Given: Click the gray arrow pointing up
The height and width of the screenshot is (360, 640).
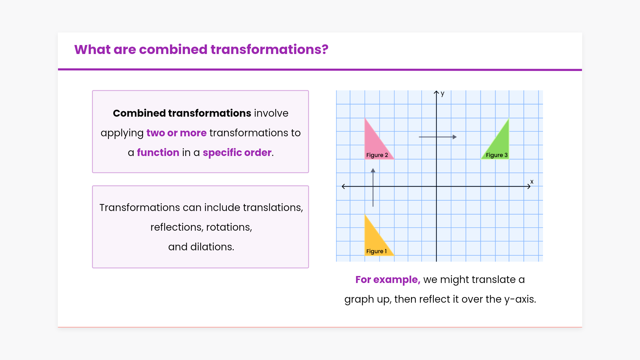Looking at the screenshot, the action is click(x=373, y=187).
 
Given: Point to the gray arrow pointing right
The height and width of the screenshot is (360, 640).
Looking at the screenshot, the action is click(x=438, y=137).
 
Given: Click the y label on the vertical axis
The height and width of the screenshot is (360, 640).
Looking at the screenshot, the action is click(x=442, y=94).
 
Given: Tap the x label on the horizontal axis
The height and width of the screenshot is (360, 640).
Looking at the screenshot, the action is click(x=532, y=182).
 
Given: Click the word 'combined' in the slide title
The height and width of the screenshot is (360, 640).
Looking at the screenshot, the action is click(x=173, y=49).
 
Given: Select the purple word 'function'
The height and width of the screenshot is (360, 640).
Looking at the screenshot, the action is click(x=158, y=152).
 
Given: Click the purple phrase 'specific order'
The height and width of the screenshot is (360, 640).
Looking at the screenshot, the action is click(x=237, y=153).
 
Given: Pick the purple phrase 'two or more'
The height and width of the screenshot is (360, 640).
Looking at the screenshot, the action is click(x=176, y=133).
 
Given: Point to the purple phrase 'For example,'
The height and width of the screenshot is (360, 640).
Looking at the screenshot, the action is click(x=388, y=280).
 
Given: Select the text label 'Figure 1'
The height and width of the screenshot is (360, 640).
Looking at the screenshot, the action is click(x=376, y=251).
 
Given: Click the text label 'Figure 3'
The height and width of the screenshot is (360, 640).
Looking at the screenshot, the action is click(x=497, y=155).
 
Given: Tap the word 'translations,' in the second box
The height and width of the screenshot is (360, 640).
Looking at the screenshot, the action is click(x=273, y=207).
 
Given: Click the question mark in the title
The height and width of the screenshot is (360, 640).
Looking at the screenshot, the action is click(x=325, y=49).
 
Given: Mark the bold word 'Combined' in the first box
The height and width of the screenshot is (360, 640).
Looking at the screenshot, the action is click(x=139, y=113).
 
